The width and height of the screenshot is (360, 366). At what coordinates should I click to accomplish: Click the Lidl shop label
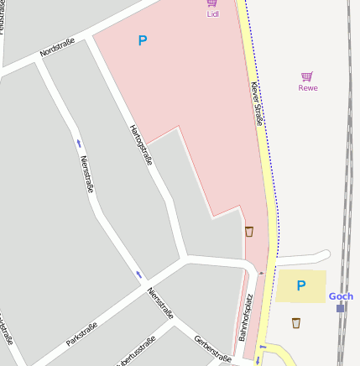pyautogui.click(x=212, y=14)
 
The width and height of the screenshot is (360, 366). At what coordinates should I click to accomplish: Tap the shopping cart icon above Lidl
pyautogui.click(x=212, y=3)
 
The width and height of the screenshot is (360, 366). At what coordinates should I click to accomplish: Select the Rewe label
pyautogui.click(x=308, y=87)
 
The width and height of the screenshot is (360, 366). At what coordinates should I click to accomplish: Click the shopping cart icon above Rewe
pyautogui.click(x=307, y=76)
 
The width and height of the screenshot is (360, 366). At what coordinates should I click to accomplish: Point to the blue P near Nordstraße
pyautogui.click(x=142, y=40)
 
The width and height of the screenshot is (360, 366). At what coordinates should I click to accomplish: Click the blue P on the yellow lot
pyautogui.click(x=301, y=285)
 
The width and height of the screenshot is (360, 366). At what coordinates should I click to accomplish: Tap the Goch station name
pyautogui.click(x=341, y=296)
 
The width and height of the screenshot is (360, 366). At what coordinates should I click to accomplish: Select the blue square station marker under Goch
pyautogui.click(x=341, y=308)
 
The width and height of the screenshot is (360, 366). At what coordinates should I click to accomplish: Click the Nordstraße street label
pyautogui.click(x=57, y=48)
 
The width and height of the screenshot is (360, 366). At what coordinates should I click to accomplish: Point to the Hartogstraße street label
pyautogui.click(x=140, y=145)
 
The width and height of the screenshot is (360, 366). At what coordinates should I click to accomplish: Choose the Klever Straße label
pyautogui.click(x=257, y=104)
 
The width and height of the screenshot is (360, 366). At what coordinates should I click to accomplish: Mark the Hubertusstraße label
pyautogui.click(x=136, y=351)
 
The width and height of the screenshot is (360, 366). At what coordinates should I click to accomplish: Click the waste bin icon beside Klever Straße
pyautogui.click(x=249, y=231)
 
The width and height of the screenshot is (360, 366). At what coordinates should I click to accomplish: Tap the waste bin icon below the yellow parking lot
pyautogui.click(x=296, y=322)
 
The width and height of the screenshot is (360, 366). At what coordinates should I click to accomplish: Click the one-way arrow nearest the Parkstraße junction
pyautogui.click(x=139, y=275)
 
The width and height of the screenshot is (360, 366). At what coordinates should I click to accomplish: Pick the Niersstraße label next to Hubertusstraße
pyautogui.click(x=160, y=304)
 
